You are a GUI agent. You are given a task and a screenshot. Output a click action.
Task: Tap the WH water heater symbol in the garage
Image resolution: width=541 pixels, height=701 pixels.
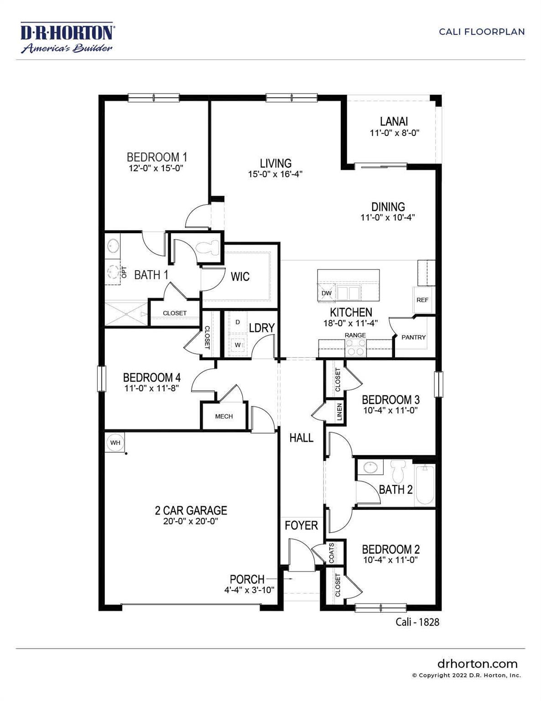[x=115, y=443]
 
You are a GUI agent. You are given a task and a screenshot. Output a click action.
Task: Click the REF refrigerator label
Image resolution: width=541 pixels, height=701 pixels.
[x=422, y=300]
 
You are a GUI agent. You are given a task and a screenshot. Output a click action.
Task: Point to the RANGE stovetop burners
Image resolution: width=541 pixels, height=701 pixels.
[x=355, y=349]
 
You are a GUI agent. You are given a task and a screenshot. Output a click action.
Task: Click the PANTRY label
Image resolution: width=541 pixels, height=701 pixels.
[x=413, y=337]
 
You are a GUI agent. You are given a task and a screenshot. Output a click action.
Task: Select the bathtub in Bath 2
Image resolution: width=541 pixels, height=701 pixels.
[x=425, y=485]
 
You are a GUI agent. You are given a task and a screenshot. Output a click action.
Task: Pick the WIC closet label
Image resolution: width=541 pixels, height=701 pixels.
[x=240, y=277]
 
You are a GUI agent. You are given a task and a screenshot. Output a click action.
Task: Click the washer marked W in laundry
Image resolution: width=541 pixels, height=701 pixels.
[x=238, y=345]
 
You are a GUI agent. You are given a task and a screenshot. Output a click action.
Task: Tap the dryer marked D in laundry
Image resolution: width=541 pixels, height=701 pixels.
[x=238, y=322]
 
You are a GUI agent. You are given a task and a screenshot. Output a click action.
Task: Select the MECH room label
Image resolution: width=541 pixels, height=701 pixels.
[x=224, y=416]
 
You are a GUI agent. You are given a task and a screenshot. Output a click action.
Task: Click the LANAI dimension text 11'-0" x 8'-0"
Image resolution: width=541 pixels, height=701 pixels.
[x=394, y=133]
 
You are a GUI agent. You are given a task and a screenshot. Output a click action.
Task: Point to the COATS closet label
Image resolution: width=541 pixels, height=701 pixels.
[x=332, y=553]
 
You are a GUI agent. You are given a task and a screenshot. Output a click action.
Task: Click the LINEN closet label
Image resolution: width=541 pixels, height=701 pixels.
[x=339, y=412]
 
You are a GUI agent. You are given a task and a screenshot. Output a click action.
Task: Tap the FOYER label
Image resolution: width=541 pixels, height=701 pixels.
[x=301, y=525]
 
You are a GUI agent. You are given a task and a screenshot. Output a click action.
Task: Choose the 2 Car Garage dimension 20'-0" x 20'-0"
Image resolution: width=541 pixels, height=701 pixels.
[x=191, y=521]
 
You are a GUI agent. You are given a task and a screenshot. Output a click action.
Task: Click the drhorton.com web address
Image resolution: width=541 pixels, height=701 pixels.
[x=477, y=664]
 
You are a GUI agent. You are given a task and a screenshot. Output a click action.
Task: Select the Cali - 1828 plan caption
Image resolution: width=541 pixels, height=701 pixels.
[x=417, y=622]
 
